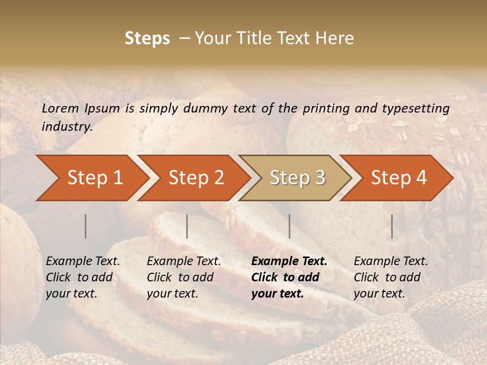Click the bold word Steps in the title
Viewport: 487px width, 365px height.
coord(147,39)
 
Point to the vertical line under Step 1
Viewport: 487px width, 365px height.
coord(86,226)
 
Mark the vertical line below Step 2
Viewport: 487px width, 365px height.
coord(187,226)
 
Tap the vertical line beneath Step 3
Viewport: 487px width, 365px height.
coord(290,226)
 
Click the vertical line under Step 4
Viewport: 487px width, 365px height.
coord(392,226)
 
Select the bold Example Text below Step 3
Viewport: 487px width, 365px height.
coord(289,277)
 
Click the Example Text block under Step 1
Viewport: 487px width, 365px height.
coord(83,277)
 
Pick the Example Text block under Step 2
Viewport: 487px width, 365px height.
coord(184,277)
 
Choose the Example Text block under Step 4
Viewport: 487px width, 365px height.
coord(391,277)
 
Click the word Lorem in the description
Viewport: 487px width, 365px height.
coord(60,108)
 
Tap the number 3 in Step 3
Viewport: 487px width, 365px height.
coord(320,177)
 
